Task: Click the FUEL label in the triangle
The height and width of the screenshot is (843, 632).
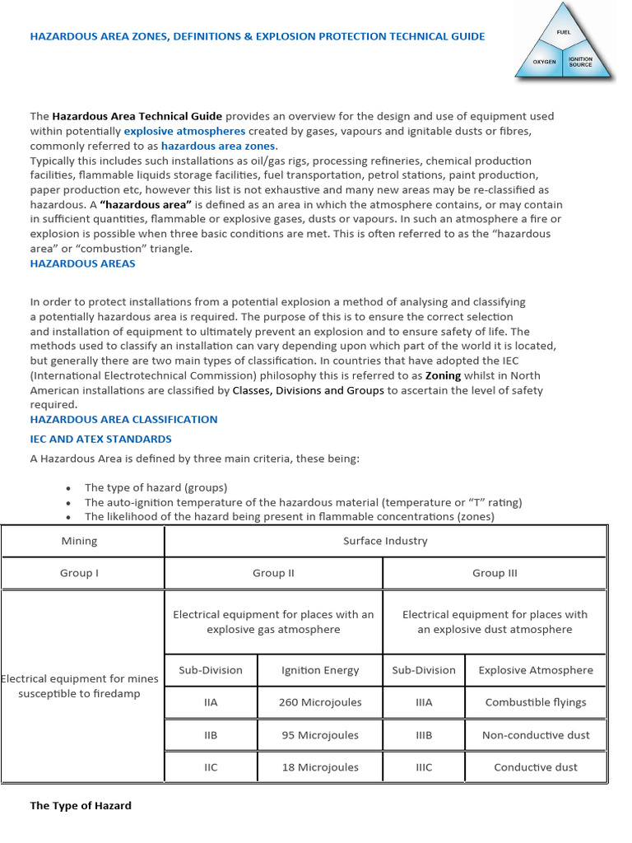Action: pyautogui.click(x=564, y=32)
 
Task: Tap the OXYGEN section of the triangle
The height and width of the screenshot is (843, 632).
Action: pyautogui.click(x=544, y=62)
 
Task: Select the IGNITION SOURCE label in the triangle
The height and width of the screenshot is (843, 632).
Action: pyautogui.click(x=580, y=63)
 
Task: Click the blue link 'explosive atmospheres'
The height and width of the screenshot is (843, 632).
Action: pyautogui.click(x=184, y=131)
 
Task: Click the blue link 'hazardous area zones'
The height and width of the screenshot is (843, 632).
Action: pyautogui.click(x=218, y=146)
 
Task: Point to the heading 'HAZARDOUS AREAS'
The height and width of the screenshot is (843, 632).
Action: pyautogui.click(x=83, y=263)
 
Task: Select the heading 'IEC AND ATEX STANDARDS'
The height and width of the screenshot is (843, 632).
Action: pyautogui.click(x=101, y=439)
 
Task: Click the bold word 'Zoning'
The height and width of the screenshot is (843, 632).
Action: pyautogui.click(x=443, y=375)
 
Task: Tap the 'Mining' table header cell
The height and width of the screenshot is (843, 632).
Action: pyautogui.click(x=80, y=541)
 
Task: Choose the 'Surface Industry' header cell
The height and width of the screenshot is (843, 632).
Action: pyautogui.click(x=385, y=541)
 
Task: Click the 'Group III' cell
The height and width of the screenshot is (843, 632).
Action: pyautogui.click(x=495, y=573)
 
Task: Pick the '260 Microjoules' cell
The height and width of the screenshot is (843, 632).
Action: pyautogui.click(x=320, y=702)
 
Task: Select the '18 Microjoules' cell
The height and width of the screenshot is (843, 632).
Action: pyautogui.click(x=320, y=766)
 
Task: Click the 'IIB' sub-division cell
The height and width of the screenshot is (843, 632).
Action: pyautogui.click(x=211, y=734)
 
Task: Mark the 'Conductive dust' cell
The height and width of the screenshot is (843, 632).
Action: pyautogui.click(x=536, y=766)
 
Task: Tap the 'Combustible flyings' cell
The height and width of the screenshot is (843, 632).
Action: pyautogui.click(x=536, y=702)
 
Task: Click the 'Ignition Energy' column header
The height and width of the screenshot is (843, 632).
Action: pyautogui.click(x=320, y=670)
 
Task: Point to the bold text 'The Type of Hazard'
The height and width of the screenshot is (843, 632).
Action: pyautogui.click(x=81, y=805)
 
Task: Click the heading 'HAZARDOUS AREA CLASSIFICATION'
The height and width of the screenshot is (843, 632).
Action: pyautogui.click(x=124, y=419)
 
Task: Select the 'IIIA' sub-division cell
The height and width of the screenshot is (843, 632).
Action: pyautogui.click(x=424, y=702)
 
